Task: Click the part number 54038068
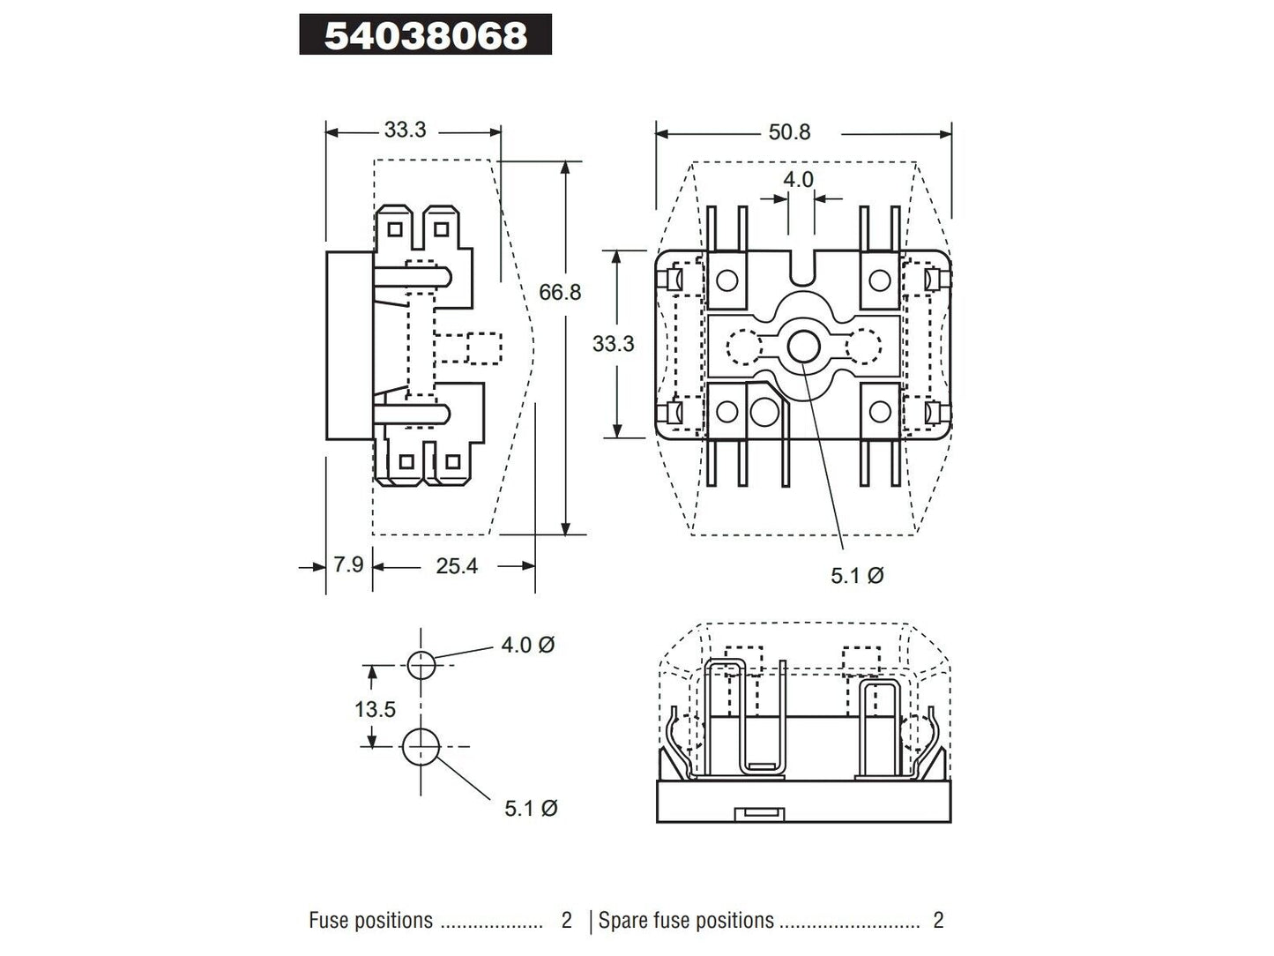tap(426, 35)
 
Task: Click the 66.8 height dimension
tap(561, 292)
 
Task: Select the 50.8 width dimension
tap(789, 132)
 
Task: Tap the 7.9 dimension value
tap(348, 564)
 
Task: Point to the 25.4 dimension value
tap(457, 566)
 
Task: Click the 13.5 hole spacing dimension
tap(376, 709)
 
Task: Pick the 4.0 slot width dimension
tap(799, 179)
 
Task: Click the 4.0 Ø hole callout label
tap(527, 645)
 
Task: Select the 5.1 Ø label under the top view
tap(857, 576)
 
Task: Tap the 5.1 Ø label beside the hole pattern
tap(531, 808)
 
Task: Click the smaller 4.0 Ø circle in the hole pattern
tap(421, 665)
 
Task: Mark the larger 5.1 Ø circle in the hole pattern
tap(421, 748)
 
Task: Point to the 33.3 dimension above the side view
tap(405, 130)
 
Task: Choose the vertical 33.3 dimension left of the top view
tap(613, 343)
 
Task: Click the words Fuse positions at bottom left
tap(370, 921)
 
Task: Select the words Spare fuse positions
tap(686, 921)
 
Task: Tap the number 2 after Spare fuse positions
tap(938, 921)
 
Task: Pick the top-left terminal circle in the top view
tap(726, 280)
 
